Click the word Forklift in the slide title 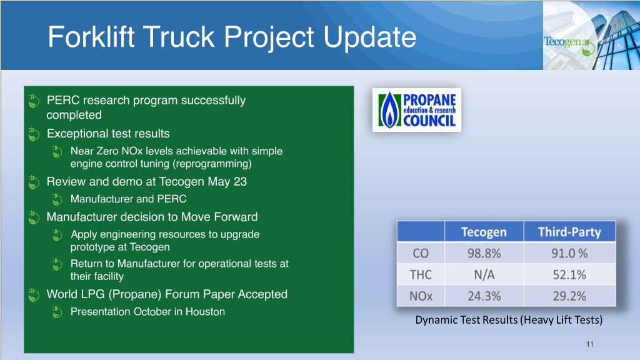coord(91,37)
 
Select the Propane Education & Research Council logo coord(417,110)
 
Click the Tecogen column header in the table coord(484,232)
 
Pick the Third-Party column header coord(570,232)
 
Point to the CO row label coord(421,254)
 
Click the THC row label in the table coord(421,275)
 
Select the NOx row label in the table coord(421,296)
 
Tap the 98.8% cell coord(484,254)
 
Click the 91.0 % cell coord(570,254)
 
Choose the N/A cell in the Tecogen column coord(484,275)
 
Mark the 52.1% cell coord(570,275)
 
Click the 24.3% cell coord(484,296)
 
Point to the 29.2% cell coord(570,296)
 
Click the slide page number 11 coord(590,344)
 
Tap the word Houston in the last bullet coord(205,311)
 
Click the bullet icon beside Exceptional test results coord(34,134)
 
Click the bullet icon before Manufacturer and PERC coord(57,199)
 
